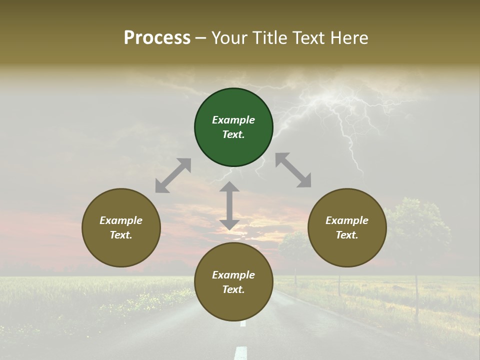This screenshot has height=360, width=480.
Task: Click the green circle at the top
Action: (x=233, y=127)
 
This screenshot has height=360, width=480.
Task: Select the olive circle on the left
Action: (x=121, y=227)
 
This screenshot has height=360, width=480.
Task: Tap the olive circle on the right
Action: (x=347, y=227)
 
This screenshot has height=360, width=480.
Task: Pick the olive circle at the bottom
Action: (x=233, y=282)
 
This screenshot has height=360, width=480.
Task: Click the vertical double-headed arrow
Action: (x=229, y=205)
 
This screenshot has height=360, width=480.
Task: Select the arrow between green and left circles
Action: (x=173, y=175)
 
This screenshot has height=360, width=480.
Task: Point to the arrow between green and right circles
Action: (x=293, y=170)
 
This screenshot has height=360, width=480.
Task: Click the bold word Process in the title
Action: (x=157, y=37)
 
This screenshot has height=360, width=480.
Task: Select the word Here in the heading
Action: (x=350, y=37)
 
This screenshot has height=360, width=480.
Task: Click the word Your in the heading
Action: (x=227, y=37)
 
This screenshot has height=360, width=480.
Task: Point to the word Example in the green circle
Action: (x=233, y=120)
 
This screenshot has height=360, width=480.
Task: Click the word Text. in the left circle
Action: (x=121, y=235)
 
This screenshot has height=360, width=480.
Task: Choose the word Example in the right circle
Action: (x=347, y=220)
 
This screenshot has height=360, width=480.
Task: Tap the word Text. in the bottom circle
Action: (x=233, y=289)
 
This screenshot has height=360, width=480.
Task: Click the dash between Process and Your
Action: (x=201, y=38)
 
